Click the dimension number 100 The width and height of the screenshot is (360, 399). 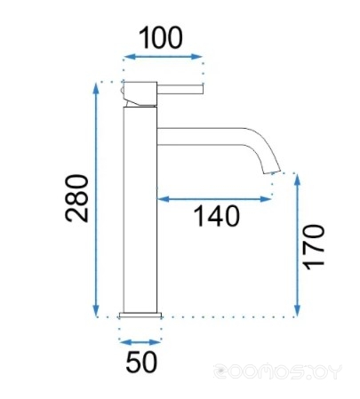tap(160, 37)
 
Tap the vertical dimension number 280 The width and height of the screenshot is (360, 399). tap(76, 198)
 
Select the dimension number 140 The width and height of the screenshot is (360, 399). tap(216, 216)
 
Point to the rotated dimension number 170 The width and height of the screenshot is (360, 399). tap(315, 247)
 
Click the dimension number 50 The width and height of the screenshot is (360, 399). tap(141, 362)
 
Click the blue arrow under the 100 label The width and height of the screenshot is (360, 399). tap(163, 57)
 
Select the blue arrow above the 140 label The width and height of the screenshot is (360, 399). tap(214, 199)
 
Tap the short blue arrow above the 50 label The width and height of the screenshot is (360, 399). tap(140, 342)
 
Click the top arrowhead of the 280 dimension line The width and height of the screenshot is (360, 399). tap(96, 88)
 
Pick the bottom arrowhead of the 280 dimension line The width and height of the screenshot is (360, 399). tap(96, 311)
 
